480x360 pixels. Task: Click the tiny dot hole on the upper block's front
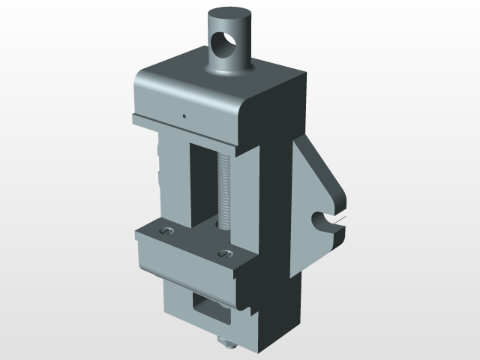[x=184, y=115]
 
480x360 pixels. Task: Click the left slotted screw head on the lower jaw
[x=166, y=232]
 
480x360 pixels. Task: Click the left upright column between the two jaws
[x=174, y=180]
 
